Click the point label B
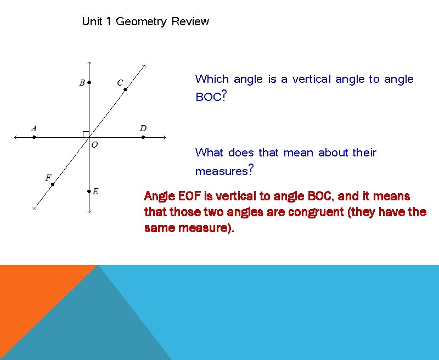pyautogui.click(x=82, y=83)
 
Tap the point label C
pyautogui.click(x=120, y=83)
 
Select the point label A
pyautogui.click(x=34, y=128)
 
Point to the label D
pyautogui.click(x=143, y=128)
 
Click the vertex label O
pyautogui.click(x=94, y=145)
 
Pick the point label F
pyautogui.click(x=48, y=177)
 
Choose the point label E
pyautogui.click(x=95, y=192)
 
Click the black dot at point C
pyautogui.click(x=125, y=89)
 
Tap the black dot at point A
pyautogui.click(x=34, y=137)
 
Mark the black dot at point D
pyautogui.click(x=143, y=137)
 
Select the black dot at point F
pyautogui.click(x=53, y=184)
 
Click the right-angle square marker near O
pyautogui.click(x=86, y=134)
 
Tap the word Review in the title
pyautogui.click(x=190, y=22)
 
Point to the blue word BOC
pyautogui.click(x=209, y=98)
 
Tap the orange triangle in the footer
pyautogui.click(x=33, y=296)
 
